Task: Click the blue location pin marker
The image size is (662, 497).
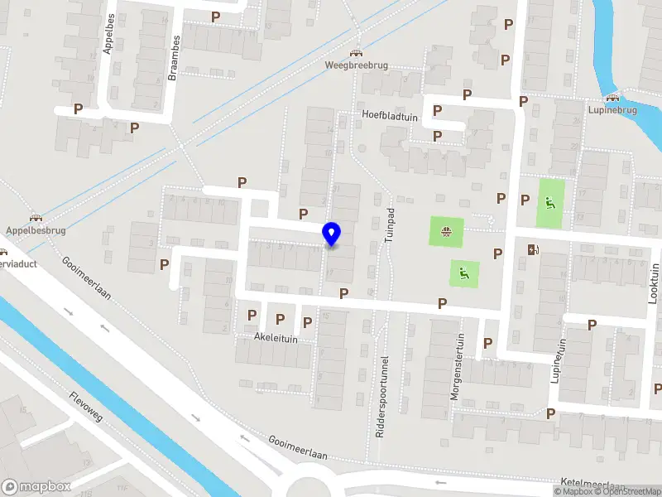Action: [x=332, y=234]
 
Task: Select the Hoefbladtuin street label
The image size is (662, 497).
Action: [x=389, y=117]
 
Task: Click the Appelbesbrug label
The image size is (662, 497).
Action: [x=34, y=230]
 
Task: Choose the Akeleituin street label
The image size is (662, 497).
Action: [x=276, y=338]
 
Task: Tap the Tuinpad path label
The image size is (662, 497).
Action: [x=387, y=224]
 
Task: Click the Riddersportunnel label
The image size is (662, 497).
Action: [x=382, y=397]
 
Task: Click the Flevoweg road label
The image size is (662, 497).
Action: [x=86, y=406]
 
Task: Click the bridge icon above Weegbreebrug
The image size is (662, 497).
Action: [x=357, y=51]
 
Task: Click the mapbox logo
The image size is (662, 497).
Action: [x=36, y=487]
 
